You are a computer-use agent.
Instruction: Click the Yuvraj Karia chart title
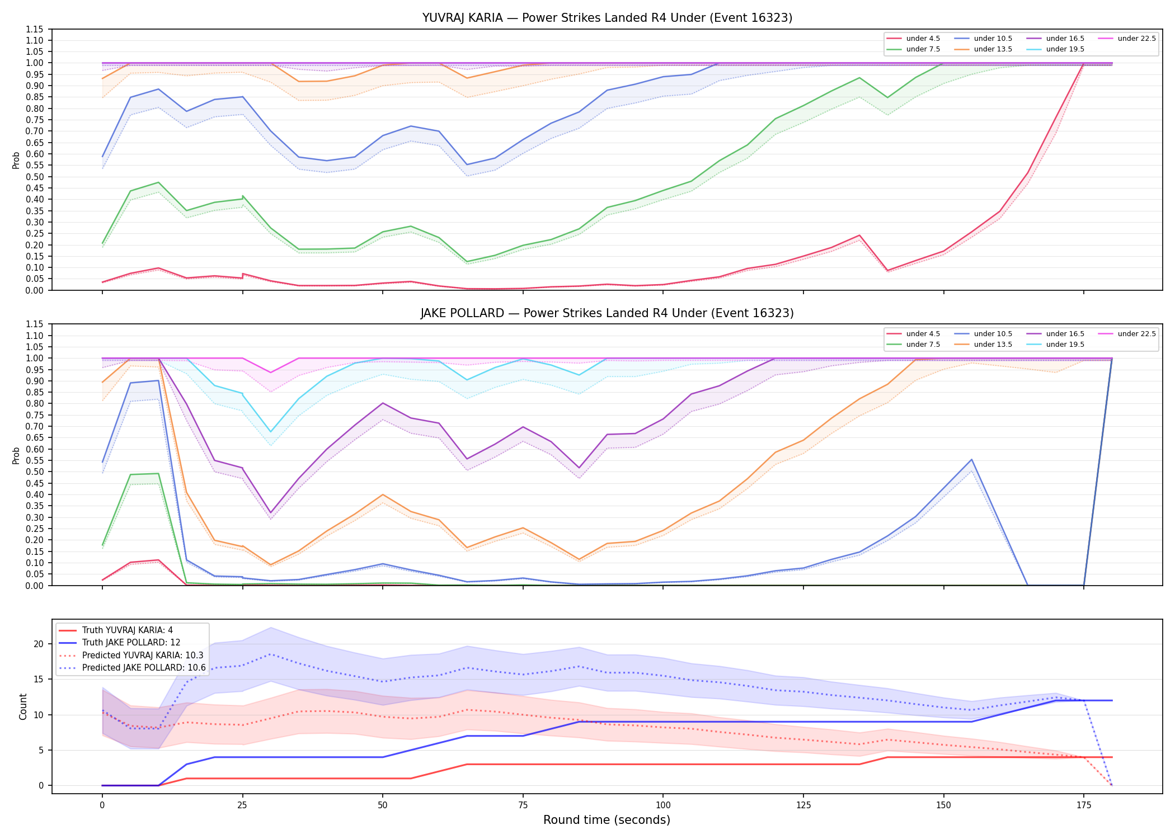click(x=607, y=18)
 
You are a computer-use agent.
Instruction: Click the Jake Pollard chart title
click(x=607, y=313)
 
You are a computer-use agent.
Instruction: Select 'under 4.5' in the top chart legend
click(x=914, y=39)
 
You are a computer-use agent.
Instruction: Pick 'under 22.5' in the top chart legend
click(x=1127, y=39)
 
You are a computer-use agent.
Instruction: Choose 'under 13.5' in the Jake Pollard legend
click(x=983, y=345)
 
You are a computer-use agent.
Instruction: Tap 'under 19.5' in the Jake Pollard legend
click(x=1055, y=345)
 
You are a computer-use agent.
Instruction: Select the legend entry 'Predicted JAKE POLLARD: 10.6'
click(x=133, y=667)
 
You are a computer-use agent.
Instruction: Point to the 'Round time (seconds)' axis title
click(x=607, y=820)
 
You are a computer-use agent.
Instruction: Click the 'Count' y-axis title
click(x=23, y=706)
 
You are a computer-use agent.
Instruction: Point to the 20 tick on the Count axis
click(x=39, y=644)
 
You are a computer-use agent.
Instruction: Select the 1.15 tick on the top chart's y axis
click(x=35, y=29)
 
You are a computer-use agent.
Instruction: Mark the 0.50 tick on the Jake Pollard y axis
click(x=35, y=472)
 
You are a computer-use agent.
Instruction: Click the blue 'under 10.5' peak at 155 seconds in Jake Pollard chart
click(x=971, y=460)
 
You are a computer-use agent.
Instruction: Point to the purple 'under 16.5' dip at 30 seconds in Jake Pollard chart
click(x=271, y=513)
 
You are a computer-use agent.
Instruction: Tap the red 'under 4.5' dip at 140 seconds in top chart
click(x=887, y=271)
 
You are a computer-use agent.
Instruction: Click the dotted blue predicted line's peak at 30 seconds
click(x=271, y=654)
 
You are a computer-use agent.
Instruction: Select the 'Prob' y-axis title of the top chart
click(x=16, y=161)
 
